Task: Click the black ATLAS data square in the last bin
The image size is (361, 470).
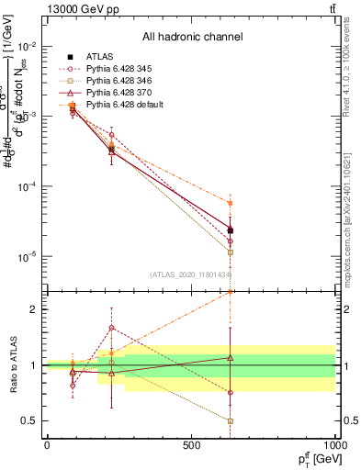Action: pyautogui.click(x=231, y=230)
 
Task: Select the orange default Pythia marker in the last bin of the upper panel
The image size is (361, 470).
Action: pyautogui.click(x=231, y=203)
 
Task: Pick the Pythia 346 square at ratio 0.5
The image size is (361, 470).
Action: pyautogui.click(x=231, y=420)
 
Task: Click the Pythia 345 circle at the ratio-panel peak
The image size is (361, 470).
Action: pyautogui.click(x=112, y=327)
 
